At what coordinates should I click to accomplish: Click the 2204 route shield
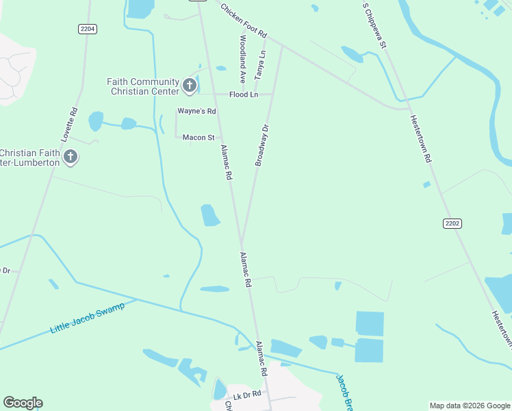coord(87,28)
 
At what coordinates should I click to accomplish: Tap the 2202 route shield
coord(452,223)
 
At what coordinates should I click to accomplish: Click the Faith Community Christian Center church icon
coord(190,86)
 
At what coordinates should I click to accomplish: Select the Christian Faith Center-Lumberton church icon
coord(70,158)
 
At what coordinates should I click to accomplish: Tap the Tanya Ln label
coord(261,62)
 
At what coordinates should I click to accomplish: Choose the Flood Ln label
coord(244,95)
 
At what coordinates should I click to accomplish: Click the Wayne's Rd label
coord(196,111)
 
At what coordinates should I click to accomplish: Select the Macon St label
coord(199,138)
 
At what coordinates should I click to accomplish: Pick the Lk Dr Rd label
coord(247,395)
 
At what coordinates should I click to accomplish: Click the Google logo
coord(23,403)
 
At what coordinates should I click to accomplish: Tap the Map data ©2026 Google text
coord(469,406)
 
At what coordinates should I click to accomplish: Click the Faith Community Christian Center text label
coord(142,86)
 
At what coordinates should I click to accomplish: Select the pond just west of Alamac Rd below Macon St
coord(209,215)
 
